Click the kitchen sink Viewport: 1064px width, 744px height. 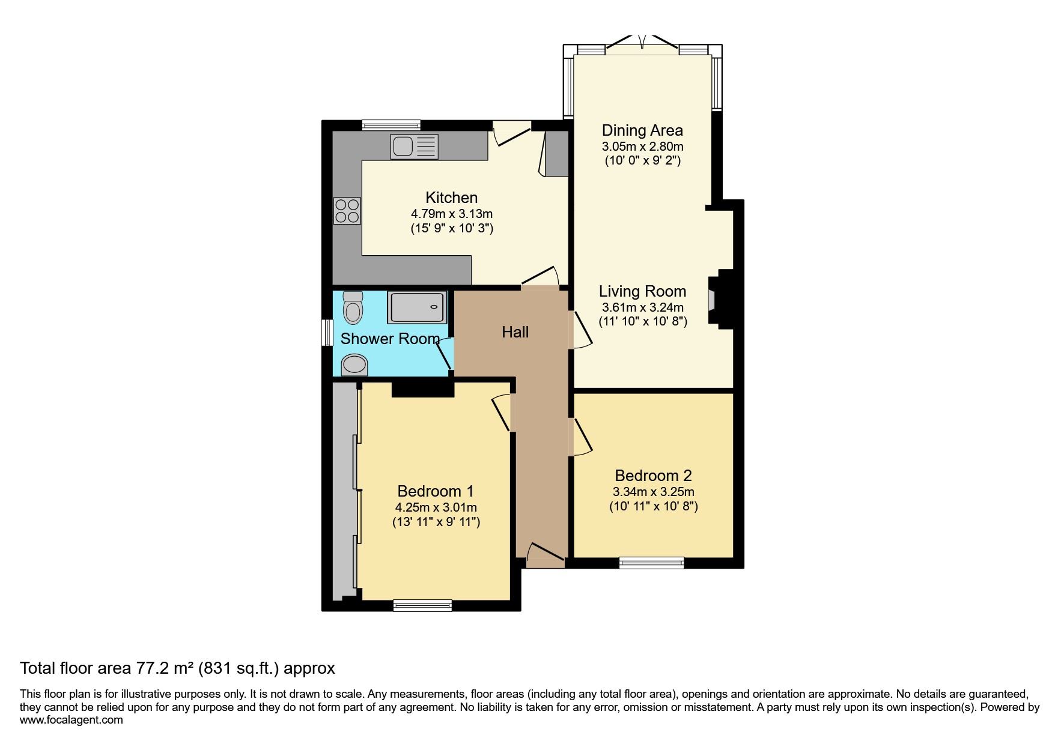tap(415, 147)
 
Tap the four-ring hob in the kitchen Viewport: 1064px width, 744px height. tap(347, 211)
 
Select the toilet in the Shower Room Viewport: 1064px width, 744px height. tap(353, 308)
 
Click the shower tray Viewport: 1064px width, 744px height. tap(418, 307)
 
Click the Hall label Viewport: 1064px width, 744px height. tap(515, 332)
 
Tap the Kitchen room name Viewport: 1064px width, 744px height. tap(452, 198)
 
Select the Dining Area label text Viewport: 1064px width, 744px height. tap(642, 130)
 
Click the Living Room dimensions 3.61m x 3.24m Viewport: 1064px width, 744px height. tap(643, 307)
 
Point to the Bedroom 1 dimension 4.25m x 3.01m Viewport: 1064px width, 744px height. tap(436, 507)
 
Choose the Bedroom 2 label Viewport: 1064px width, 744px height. tap(653, 476)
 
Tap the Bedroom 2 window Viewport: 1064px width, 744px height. tap(652, 563)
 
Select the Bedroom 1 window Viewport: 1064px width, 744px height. tap(422, 605)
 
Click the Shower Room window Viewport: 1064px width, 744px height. tap(327, 333)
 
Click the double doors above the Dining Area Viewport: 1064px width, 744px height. tap(642, 43)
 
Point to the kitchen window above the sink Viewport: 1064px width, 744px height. tap(391, 125)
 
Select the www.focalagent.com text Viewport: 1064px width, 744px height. tap(71, 720)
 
